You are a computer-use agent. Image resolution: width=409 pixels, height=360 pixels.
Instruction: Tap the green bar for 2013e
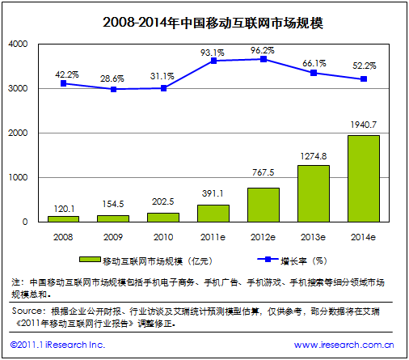pos(313,193)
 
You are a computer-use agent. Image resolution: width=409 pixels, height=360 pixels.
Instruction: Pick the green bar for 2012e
pos(263,205)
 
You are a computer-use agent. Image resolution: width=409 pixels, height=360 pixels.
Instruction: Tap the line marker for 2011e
pos(213,61)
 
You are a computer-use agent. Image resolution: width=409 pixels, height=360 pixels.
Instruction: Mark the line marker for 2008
pos(63,83)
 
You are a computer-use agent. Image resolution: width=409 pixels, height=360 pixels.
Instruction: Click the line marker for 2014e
pos(363,79)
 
